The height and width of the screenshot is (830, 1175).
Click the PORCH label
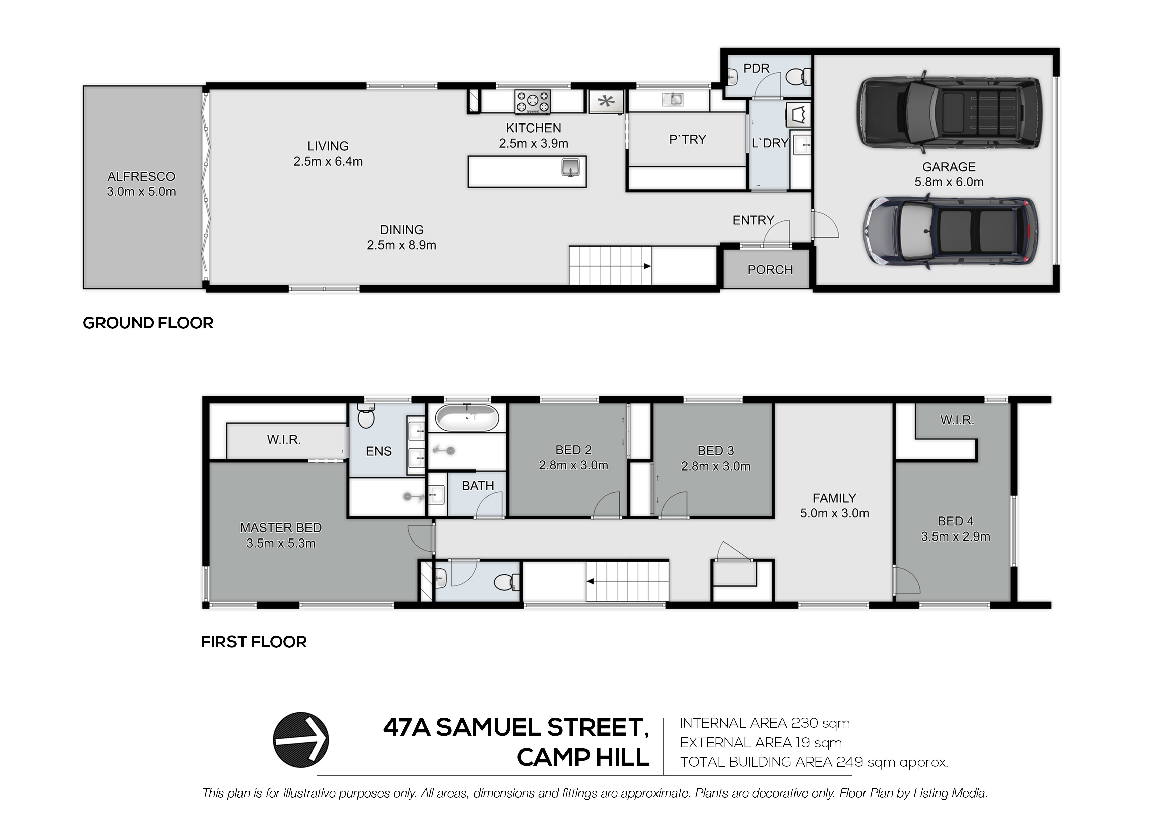(x=770, y=269)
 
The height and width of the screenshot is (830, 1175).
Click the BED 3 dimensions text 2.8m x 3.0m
(x=715, y=467)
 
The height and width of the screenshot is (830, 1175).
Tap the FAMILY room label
(x=834, y=498)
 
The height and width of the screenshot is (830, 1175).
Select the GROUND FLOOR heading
(x=148, y=323)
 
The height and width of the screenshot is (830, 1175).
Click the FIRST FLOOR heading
(x=254, y=642)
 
